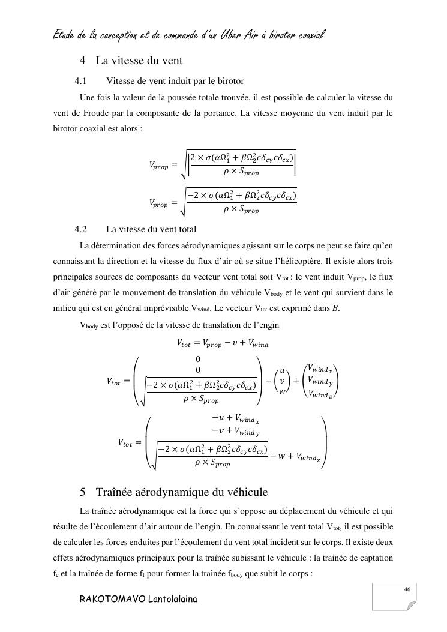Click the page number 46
407,590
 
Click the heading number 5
83,493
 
